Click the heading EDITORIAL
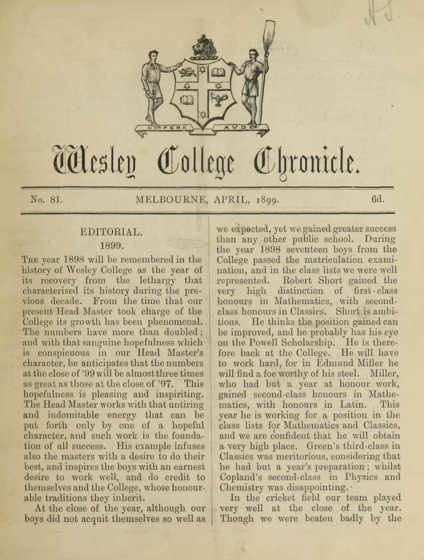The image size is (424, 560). (x=111, y=232)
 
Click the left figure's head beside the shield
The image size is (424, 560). (x=153, y=55)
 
